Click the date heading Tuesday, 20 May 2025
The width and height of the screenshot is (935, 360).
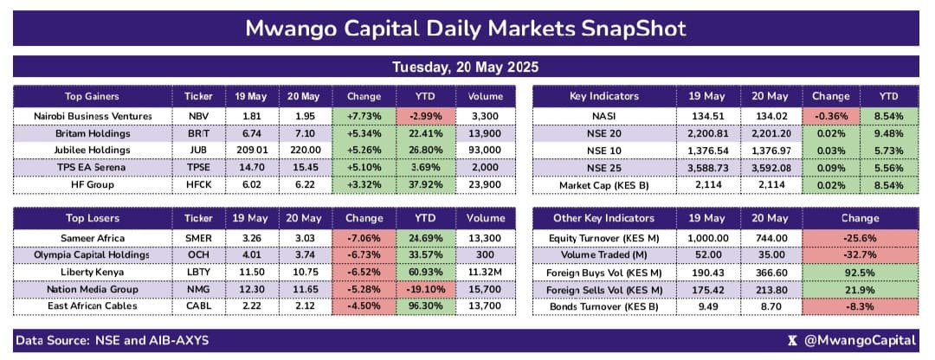point(467,67)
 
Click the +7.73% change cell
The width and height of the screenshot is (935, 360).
point(364,116)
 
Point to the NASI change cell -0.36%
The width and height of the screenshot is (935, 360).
point(830,116)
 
